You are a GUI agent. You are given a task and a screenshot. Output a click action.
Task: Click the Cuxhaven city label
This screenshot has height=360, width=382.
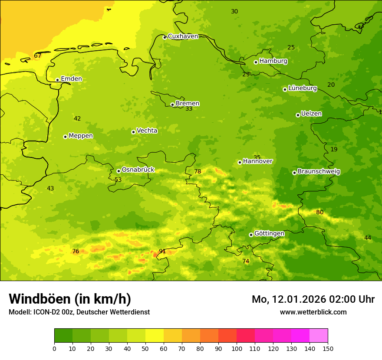click(x=183, y=36)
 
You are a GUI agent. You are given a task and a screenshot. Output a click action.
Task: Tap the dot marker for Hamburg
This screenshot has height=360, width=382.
click(x=256, y=62)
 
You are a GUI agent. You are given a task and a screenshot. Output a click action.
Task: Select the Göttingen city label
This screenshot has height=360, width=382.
click(x=269, y=233)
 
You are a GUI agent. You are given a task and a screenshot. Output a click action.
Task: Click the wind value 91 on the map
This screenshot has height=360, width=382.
click(x=162, y=251)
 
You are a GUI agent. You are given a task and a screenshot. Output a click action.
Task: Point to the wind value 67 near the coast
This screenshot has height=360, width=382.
click(x=38, y=56)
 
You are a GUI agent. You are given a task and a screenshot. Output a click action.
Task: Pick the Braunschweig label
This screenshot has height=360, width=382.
click(x=319, y=171)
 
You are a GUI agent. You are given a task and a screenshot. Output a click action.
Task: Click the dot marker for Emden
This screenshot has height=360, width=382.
click(x=57, y=80)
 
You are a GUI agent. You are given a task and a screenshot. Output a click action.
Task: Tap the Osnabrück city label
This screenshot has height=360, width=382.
click(x=138, y=170)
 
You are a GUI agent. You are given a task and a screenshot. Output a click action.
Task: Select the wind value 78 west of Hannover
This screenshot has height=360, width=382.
click(x=198, y=171)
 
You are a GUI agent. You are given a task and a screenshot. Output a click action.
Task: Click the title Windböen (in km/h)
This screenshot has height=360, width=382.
click(x=70, y=299)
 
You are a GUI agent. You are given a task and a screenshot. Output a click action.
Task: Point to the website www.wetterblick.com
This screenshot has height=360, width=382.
click(x=313, y=312)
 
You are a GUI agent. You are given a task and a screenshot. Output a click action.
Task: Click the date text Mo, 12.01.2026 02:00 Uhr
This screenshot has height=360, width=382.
click(x=313, y=299)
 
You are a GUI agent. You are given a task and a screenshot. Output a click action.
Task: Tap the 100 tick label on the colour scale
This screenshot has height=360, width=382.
click(x=237, y=348)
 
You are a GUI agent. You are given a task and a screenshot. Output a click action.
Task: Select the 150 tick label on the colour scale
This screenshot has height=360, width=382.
click(x=328, y=348)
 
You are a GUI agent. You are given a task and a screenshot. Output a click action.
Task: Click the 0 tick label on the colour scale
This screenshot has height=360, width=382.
click(x=54, y=348)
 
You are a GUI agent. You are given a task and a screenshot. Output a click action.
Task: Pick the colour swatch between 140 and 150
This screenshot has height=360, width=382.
click(x=319, y=336)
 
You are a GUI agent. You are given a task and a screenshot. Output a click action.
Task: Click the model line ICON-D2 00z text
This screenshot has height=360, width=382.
click(x=79, y=312)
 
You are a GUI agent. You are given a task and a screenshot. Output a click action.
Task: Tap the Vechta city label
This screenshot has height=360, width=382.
click(x=147, y=131)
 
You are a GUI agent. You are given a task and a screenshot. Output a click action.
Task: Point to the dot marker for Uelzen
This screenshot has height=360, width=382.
click(x=298, y=115)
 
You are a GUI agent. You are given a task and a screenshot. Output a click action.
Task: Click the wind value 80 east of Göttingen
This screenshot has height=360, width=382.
click(x=320, y=212)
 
